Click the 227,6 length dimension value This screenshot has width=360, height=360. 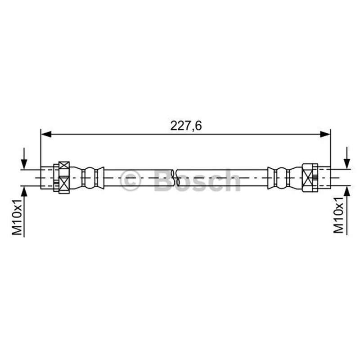tap(186, 126)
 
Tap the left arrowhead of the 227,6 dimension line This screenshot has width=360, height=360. tap(46, 134)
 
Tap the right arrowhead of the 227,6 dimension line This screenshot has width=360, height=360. tap(325, 134)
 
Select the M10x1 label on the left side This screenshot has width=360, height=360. tap(17, 217)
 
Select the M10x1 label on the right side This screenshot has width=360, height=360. tap(339, 215)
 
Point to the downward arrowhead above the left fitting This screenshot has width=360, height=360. tap(24, 164)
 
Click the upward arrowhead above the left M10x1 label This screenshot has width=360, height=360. tap(24, 191)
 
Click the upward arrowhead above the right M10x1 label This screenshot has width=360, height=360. tap(347, 191)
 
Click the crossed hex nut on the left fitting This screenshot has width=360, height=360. tap(64, 177)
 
